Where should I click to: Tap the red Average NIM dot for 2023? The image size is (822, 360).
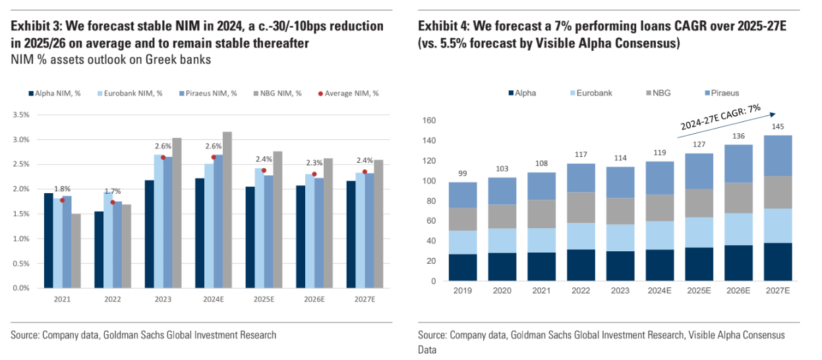point(163,157)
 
